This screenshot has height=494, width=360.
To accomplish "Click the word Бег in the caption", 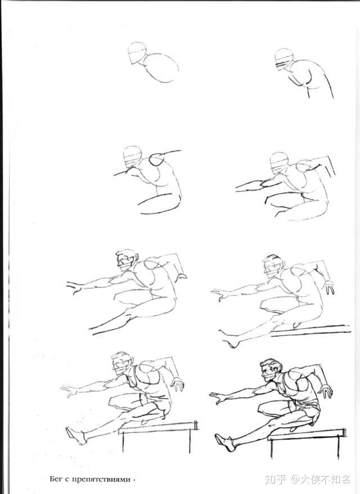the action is coord(56,479).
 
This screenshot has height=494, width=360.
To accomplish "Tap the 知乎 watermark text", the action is coord(276,479).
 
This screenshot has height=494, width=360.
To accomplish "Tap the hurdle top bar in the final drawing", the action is coord(307,434).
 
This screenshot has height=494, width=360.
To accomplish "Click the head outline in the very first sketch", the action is coord(137,53).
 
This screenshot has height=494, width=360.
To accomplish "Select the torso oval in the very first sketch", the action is coord(161,68).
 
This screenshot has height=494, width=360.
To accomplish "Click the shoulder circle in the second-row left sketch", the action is coord(157,159).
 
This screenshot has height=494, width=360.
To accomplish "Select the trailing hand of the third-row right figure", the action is coord(329,287).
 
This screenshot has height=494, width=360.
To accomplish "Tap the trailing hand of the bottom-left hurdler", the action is coord(178,384).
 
